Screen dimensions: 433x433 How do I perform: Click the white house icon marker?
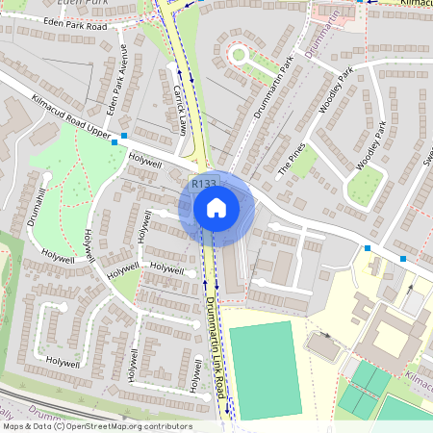(216, 208)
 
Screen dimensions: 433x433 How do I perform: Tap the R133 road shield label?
(203, 184)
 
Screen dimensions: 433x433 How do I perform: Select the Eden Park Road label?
(69, 27)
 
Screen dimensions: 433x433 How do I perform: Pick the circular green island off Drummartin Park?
(239, 55)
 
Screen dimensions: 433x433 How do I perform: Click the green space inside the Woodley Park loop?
(365, 188)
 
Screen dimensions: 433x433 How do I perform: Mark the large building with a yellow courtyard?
(391, 333)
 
